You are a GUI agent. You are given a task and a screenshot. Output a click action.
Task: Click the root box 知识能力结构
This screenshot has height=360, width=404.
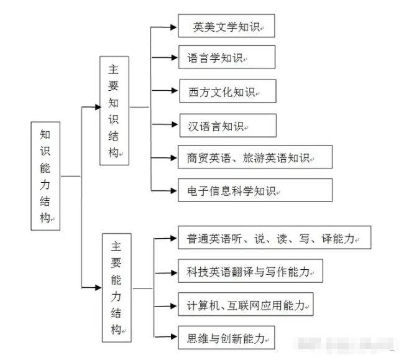[x=45, y=176]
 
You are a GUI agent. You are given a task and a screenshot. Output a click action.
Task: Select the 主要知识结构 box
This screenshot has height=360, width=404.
[x=114, y=111]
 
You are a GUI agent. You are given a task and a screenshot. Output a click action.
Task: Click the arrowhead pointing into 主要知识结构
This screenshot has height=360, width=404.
[x=97, y=107]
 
